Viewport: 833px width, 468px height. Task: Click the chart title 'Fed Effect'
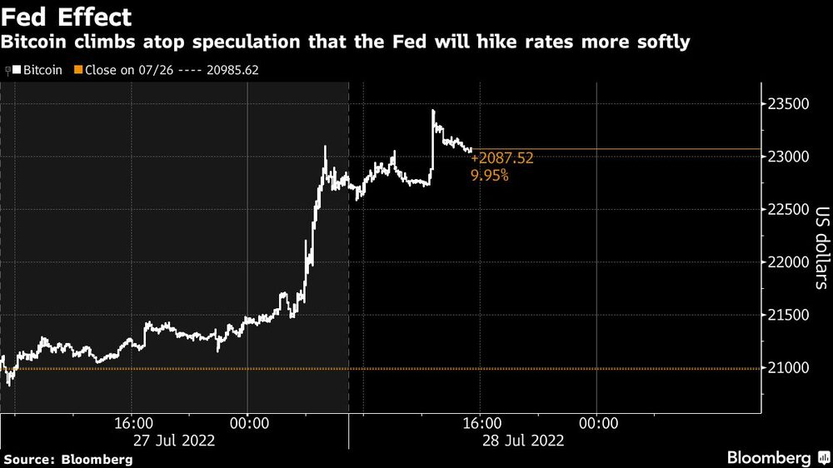[67, 16]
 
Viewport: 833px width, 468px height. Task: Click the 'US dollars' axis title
[821, 247]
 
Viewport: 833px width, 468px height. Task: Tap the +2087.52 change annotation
[502, 157]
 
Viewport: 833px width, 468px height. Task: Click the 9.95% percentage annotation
[491, 176]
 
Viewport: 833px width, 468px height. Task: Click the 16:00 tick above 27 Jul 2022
[132, 423]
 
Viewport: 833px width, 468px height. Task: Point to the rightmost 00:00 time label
[596, 423]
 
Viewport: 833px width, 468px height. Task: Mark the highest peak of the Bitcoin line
[433, 110]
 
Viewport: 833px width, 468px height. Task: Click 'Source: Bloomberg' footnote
[67, 459]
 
